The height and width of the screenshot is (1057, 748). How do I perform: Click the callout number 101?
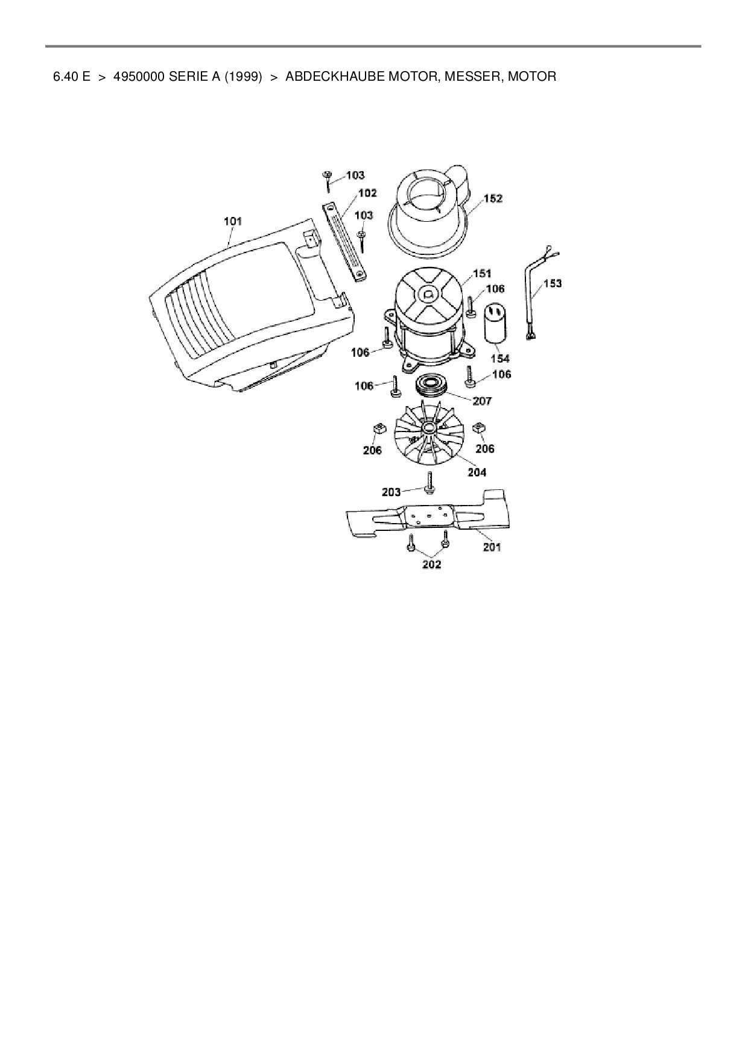point(232,221)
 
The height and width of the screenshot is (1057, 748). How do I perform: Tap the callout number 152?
point(493,198)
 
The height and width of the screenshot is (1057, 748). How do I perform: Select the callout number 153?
point(553,283)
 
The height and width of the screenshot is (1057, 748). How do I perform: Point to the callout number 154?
point(499,359)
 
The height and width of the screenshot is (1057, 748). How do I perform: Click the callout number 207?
point(482,401)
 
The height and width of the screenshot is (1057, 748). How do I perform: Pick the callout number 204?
point(477,472)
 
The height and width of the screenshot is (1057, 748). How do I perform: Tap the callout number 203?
point(391,492)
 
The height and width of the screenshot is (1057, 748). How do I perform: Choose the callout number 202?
point(431,564)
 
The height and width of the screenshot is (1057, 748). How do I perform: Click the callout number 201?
point(492,547)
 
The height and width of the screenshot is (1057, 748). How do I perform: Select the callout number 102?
point(367,193)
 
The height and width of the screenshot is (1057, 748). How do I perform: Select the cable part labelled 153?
point(534,295)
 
